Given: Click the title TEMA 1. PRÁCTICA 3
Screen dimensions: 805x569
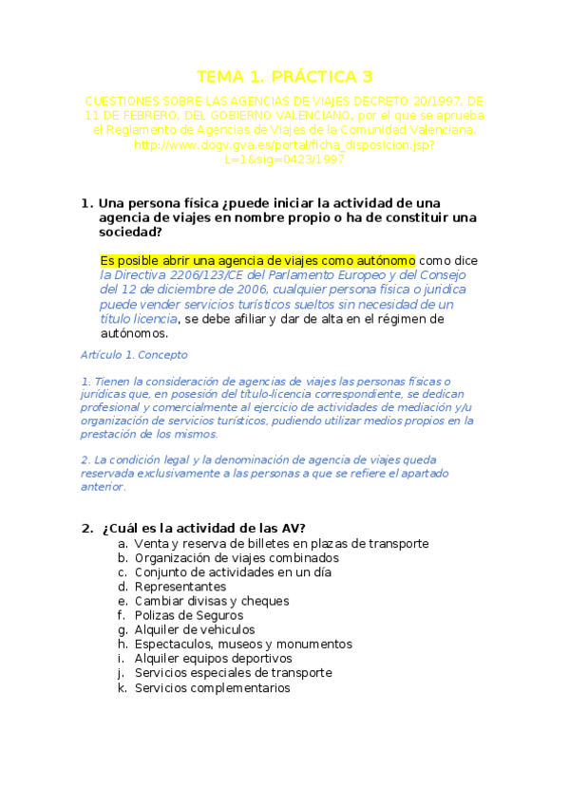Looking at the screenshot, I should click(x=284, y=76).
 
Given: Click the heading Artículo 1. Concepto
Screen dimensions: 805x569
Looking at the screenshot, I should click(x=135, y=354).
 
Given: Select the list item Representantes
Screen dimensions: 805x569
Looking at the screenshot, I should click(x=180, y=586).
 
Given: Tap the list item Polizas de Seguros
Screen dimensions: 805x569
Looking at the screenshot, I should click(x=189, y=614).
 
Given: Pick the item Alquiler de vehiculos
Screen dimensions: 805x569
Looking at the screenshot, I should click(x=194, y=628).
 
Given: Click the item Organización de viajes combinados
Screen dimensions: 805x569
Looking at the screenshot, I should click(x=237, y=557).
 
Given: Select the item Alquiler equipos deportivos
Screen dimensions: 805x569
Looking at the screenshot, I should click(x=213, y=658).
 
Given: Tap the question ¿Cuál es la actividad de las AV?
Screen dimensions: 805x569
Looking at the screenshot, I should click(x=202, y=528).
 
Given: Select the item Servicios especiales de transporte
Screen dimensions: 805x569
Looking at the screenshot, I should click(x=233, y=672).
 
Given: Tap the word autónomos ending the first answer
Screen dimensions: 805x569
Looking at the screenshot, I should click(x=134, y=333).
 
